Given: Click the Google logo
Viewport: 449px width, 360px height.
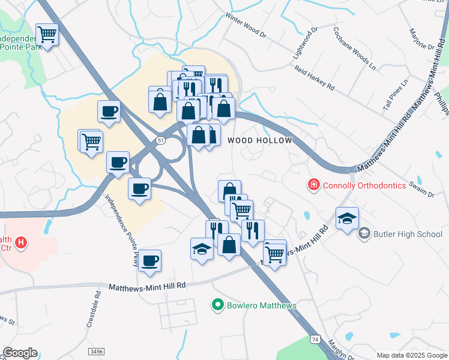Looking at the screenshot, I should click(x=20, y=353).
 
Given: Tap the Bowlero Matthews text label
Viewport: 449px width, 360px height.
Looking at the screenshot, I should click(x=261, y=305).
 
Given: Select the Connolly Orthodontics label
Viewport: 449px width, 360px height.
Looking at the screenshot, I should click(x=364, y=185).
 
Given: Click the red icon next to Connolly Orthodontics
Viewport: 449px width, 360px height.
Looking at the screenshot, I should click(x=313, y=185).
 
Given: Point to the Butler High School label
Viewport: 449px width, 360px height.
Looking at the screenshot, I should click(x=408, y=233).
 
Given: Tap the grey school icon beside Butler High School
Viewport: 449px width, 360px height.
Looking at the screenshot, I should click(x=364, y=233).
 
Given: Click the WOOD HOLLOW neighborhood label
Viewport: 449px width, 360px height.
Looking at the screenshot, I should click(x=260, y=140).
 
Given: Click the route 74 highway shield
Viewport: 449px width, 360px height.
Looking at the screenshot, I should click(x=315, y=339).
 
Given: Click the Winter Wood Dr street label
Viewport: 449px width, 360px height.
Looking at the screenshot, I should click(x=244, y=25).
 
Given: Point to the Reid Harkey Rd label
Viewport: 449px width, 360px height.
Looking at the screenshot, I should click(x=314, y=77).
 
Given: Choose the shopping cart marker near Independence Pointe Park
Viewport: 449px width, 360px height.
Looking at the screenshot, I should click(x=47, y=34).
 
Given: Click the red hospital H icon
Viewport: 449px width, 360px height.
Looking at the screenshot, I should click(x=21, y=243).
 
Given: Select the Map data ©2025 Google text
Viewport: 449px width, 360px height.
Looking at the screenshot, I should click(x=411, y=355).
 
